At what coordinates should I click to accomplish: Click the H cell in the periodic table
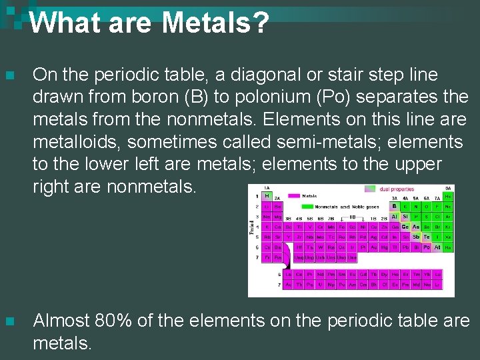(266, 197)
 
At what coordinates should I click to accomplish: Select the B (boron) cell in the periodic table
(394, 207)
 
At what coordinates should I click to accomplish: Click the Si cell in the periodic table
(405, 217)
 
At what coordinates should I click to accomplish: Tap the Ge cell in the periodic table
(405, 227)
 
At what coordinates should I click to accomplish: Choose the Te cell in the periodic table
(426, 237)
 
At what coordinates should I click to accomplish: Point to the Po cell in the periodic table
(426, 247)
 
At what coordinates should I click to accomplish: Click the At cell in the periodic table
(437, 247)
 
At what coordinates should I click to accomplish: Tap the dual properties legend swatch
(369, 189)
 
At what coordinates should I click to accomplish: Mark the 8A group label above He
(448, 189)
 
